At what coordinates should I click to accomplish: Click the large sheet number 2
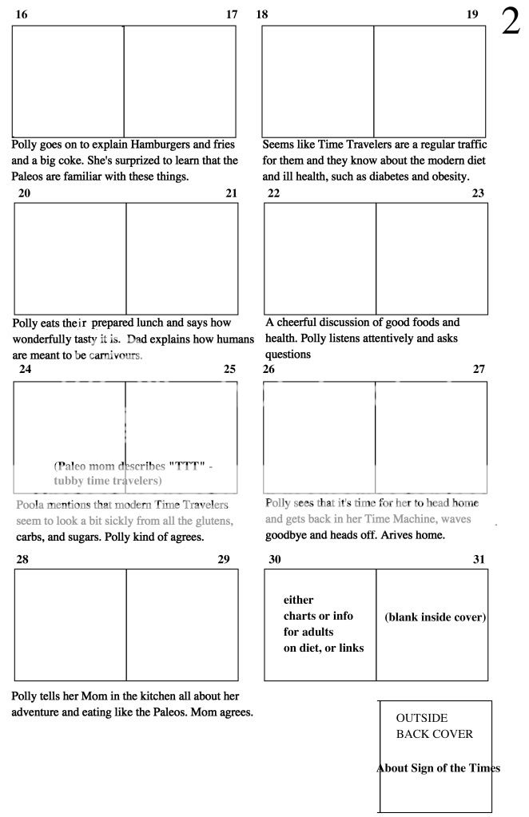(510, 23)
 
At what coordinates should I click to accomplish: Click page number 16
(22, 14)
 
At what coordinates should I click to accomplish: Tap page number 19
(472, 14)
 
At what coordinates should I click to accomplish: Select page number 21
(232, 192)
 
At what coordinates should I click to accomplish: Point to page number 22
(273, 192)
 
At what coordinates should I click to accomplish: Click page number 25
(230, 369)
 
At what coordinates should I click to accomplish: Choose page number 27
(479, 369)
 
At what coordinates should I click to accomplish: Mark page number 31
(479, 559)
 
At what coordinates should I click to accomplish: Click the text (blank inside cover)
(435, 617)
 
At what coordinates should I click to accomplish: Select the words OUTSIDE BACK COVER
(434, 726)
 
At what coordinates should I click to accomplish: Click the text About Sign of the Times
(438, 768)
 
